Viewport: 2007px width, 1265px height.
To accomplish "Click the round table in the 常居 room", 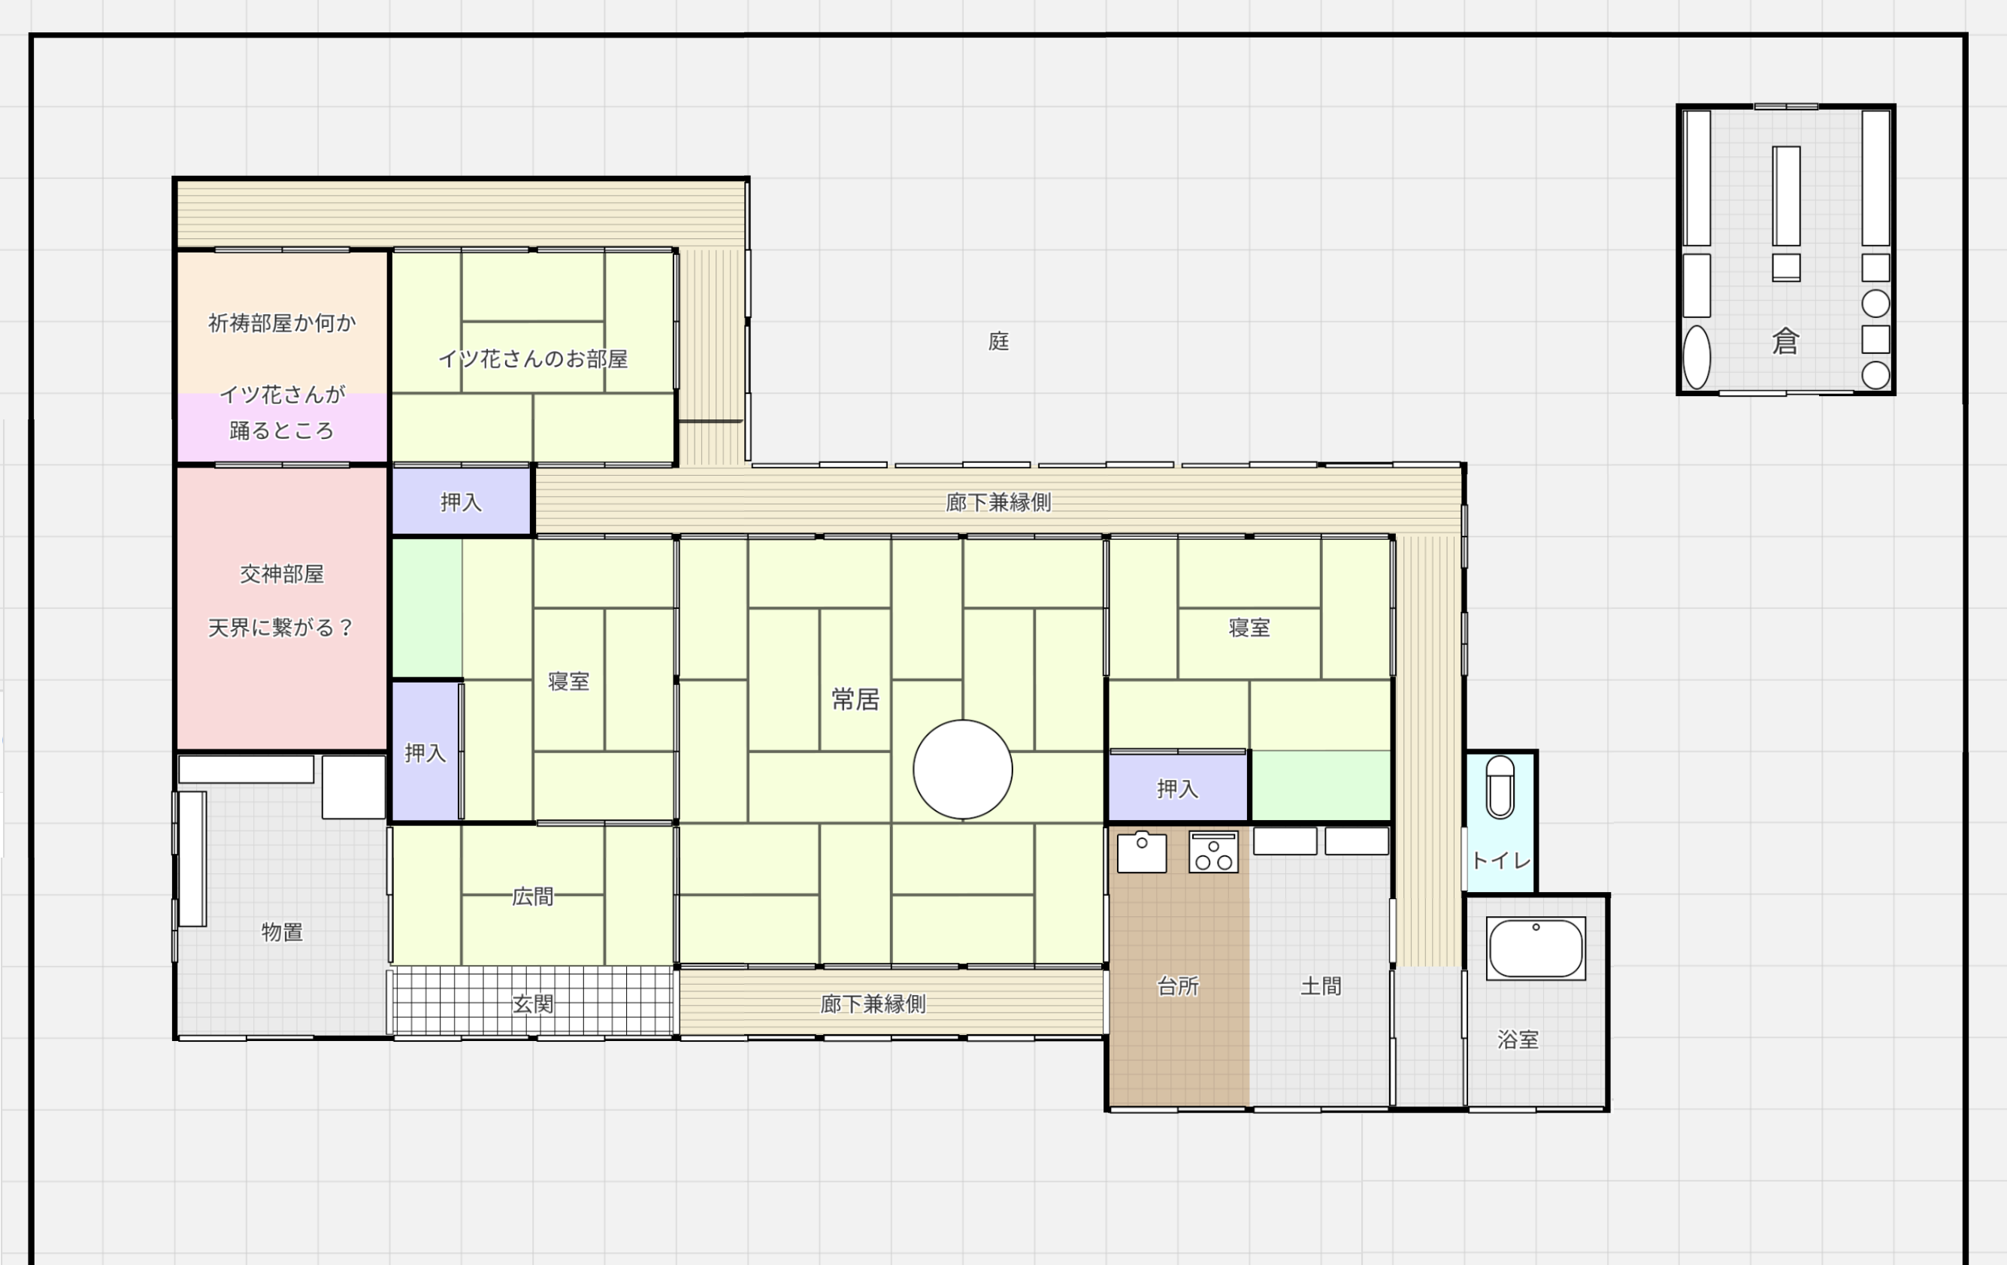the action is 963,769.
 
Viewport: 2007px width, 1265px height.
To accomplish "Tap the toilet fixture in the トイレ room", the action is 1500,788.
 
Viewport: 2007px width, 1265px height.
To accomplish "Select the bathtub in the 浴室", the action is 1535,949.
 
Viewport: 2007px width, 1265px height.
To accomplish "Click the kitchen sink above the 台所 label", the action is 1142,852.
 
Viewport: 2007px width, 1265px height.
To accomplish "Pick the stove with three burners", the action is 1213,852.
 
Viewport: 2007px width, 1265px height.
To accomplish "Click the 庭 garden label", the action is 998,340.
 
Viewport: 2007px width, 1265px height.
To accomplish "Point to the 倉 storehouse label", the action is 1785,340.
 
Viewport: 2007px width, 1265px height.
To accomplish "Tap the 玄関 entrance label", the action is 533,1003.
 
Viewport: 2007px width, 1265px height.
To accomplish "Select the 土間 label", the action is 1321,986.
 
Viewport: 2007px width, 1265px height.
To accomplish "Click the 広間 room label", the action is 533,896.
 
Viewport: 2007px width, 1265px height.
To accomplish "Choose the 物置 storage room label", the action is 282,932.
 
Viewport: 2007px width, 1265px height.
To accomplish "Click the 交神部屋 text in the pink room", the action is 282,574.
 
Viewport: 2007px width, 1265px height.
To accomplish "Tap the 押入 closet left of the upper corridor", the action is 461,501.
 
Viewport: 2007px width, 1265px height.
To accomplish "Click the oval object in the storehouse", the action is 1697,358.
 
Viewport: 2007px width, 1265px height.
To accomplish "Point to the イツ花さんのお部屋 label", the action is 533,359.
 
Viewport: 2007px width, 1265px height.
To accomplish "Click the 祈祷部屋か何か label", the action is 282,322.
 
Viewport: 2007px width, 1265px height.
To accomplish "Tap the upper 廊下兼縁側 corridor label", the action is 998,501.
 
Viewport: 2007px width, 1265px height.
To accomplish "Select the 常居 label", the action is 855,699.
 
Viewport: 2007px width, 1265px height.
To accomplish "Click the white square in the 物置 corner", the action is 353,787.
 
